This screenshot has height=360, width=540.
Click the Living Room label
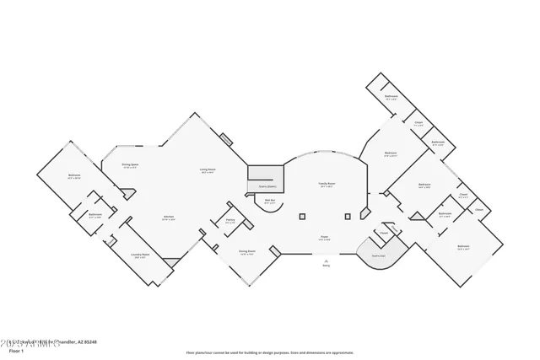tap(207, 170)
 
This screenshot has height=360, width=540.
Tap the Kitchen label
tap(169, 217)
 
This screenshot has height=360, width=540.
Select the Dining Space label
tap(130, 165)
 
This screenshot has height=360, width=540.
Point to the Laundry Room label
tap(140, 255)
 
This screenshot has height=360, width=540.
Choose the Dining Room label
tap(246, 251)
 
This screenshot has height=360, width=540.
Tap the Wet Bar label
tap(270, 201)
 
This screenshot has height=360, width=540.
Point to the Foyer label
tap(324, 238)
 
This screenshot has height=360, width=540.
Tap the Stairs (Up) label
tap(379, 255)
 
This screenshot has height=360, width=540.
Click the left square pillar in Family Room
tap(301, 217)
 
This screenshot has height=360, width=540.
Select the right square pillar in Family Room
tap(348, 217)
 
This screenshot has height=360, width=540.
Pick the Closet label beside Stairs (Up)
tap(383, 233)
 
